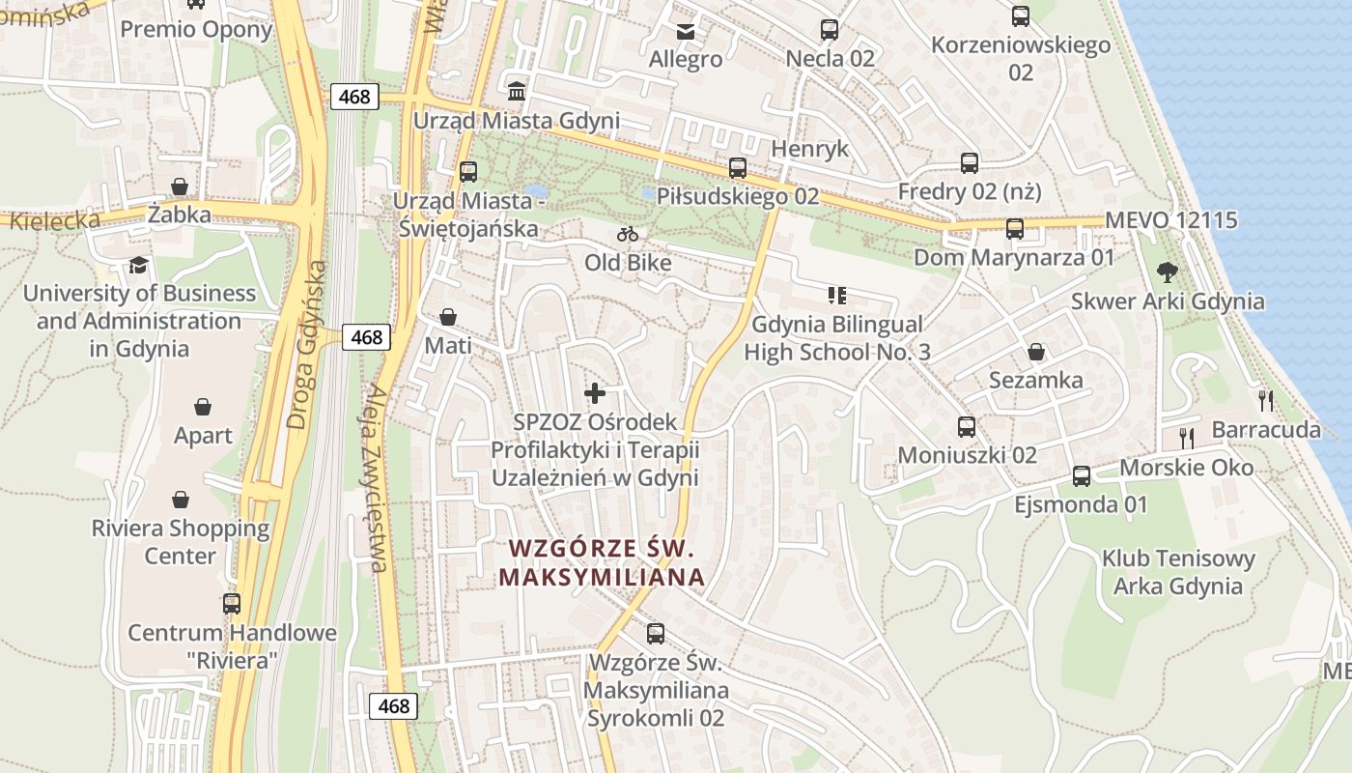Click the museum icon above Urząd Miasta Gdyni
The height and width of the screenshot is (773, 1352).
517,92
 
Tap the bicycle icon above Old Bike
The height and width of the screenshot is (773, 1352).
628,234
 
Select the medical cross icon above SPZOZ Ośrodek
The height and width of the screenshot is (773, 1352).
595,392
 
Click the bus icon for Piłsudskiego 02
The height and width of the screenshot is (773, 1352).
738,168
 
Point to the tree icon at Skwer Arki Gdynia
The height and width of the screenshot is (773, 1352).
1167,272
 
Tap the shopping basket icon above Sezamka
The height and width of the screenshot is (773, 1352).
1036,351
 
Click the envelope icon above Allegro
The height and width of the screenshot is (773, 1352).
686,31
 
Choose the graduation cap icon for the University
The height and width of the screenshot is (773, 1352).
140,265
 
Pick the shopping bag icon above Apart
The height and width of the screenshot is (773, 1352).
203,407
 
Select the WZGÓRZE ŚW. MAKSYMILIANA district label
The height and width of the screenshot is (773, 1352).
602,562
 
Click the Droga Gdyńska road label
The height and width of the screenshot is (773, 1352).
308,344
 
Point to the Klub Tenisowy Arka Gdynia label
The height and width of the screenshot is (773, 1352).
1178,572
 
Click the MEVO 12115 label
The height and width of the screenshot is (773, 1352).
1171,220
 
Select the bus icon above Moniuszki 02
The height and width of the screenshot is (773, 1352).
967,426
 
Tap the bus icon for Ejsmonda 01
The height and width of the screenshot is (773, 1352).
1082,476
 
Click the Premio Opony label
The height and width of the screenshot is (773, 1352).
196,29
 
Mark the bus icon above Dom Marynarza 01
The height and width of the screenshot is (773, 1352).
1014,229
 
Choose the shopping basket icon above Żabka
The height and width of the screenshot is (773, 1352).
180,186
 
